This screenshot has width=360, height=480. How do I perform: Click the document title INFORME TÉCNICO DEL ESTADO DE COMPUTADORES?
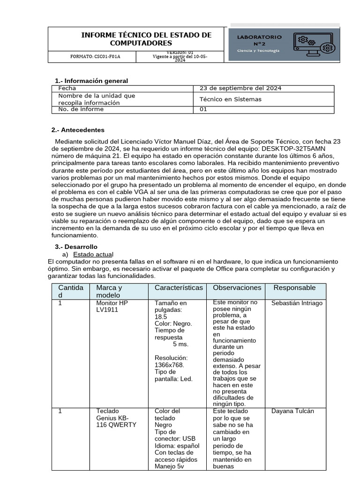click(146, 39)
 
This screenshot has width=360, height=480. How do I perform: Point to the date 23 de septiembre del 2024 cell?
click(240, 88)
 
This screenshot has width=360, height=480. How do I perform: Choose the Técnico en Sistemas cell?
click(231, 99)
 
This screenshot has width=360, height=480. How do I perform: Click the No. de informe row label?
click(81, 110)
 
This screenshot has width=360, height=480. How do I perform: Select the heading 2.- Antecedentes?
click(78, 130)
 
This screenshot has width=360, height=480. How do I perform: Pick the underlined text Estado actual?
click(93, 254)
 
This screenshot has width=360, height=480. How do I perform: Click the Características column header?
click(179, 287)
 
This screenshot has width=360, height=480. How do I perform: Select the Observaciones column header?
click(237, 287)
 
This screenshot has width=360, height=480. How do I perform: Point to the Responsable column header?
click(294, 287)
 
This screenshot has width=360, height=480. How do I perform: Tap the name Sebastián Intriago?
click(297, 303)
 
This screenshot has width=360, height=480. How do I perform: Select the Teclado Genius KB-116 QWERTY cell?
click(116, 418)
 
